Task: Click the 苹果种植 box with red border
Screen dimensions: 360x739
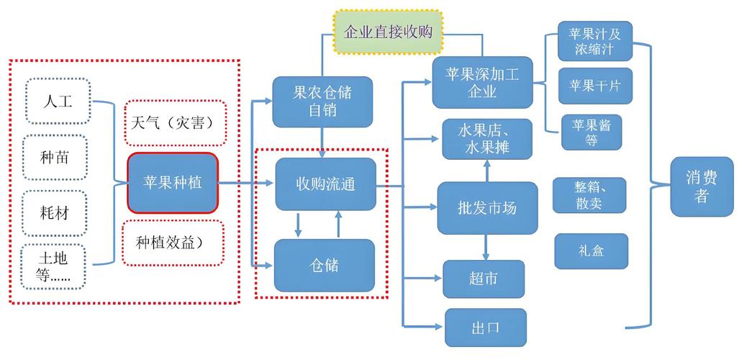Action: coord(173,183)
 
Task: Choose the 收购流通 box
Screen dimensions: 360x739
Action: coord(325,184)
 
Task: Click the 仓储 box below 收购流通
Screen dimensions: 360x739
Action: coord(325,266)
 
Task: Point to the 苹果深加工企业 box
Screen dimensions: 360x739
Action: coord(482,82)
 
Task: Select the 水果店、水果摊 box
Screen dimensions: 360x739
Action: coord(488,140)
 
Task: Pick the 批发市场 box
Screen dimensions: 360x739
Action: coord(487,208)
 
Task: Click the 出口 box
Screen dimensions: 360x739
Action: coord(486,328)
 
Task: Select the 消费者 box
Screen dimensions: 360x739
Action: coord(702,186)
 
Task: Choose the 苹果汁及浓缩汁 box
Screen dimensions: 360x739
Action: coord(594,42)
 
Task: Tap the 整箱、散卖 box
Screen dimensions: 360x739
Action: coord(589,195)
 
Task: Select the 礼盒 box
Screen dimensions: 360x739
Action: coord(591,251)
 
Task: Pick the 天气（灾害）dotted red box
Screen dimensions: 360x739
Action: coord(176,122)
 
